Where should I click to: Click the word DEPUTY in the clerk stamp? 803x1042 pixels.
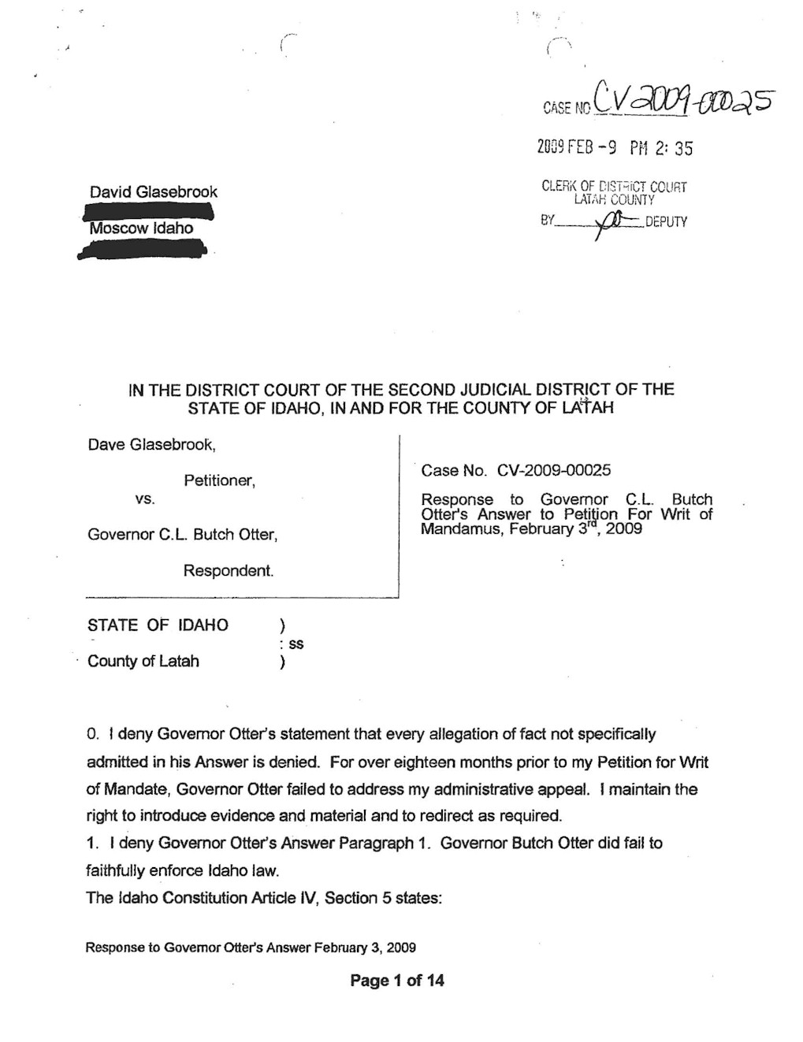666,222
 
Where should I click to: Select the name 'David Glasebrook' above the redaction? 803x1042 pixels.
153,192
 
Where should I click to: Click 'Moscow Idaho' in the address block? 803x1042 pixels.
141,228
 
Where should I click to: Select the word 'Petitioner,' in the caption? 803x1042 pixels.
219,480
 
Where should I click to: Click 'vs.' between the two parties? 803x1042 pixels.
145,499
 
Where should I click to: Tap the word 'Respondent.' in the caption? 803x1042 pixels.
229,570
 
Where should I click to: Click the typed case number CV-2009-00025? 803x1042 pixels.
554,471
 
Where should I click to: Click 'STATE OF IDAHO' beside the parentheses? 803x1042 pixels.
158,625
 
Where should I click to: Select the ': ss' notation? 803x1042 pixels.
292,644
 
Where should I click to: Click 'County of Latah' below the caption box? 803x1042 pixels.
143,662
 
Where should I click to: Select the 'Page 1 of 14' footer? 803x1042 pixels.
397,981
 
